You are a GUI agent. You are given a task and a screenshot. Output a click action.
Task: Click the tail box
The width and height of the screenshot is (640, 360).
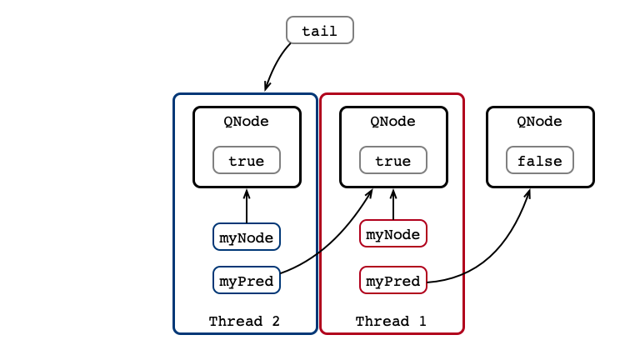pyautogui.click(x=320, y=30)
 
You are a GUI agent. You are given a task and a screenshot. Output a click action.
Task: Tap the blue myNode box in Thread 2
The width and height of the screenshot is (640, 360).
pyautogui.click(x=247, y=237)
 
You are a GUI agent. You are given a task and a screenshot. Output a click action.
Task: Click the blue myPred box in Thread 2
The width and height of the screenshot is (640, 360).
pyautogui.click(x=247, y=280)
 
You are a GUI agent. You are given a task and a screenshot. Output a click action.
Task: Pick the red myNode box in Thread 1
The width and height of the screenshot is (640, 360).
pyautogui.click(x=393, y=233)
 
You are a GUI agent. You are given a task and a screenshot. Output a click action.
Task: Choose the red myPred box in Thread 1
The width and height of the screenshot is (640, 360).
pyautogui.click(x=393, y=280)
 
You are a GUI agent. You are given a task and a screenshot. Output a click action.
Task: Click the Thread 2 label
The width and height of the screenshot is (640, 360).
pyautogui.click(x=244, y=321)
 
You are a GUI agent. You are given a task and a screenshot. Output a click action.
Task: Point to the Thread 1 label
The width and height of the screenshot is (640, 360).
pyautogui.click(x=391, y=321)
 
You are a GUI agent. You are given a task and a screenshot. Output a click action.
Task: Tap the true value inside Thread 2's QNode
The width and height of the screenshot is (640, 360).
pyautogui.click(x=247, y=160)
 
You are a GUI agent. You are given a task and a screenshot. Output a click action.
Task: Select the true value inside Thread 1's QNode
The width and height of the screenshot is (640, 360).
pyautogui.click(x=393, y=160)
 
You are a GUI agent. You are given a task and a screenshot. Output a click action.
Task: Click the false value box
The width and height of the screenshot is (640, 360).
pyautogui.click(x=540, y=160)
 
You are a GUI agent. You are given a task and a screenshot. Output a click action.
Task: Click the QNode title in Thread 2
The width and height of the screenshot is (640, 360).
pyautogui.click(x=246, y=122)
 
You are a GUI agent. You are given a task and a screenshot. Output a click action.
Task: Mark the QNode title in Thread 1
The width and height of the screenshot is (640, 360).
pyautogui.click(x=392, y=122)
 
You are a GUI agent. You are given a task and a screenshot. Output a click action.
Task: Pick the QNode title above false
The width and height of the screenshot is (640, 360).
pyautogui.click(x=539, y=122)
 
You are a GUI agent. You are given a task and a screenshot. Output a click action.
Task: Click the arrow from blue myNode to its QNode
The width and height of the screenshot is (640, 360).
pyautogui.click(x=247, y=206)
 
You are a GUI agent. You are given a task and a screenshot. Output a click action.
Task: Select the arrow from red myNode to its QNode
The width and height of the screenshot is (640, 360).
pyautogui.click(x=393, y=204)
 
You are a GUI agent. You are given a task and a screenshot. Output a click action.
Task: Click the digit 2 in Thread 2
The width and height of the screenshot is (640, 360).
pyautogui.click(x=276, y=321)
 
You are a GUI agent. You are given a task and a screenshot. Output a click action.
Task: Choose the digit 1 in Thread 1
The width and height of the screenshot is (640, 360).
pyautogui.click(x=422, y=321)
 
